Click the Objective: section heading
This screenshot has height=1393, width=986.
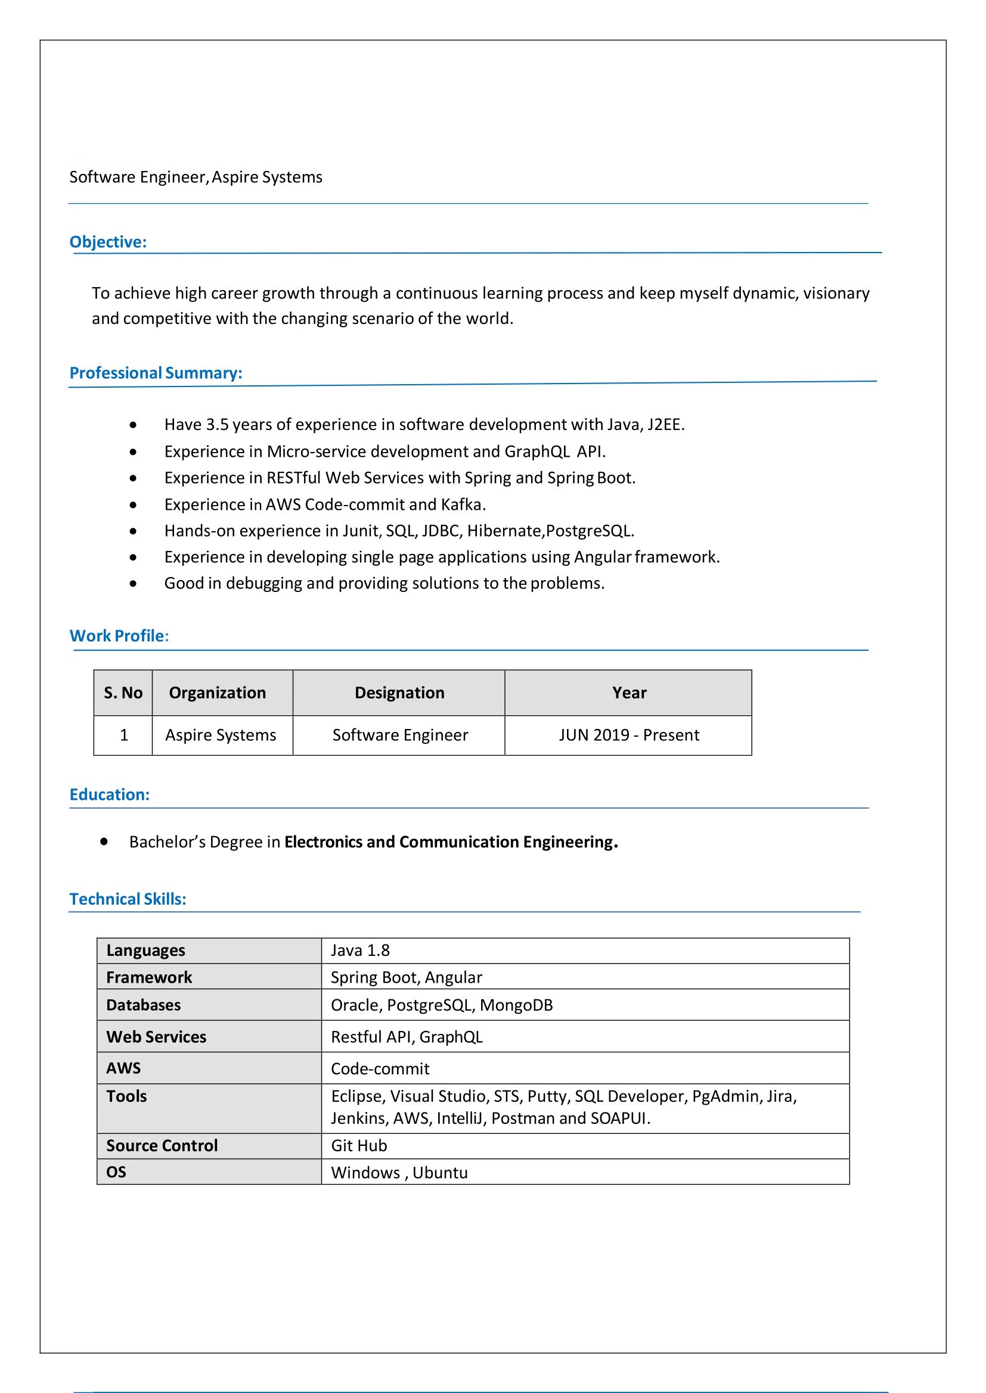tap(108, 242)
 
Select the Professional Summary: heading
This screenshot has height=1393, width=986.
tap(156, 373)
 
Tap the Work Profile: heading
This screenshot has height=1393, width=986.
tap(119, 636)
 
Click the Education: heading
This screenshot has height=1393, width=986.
tap(109, 795)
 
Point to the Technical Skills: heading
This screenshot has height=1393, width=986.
tap(128, 899)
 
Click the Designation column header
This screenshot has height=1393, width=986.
tap(399, 693)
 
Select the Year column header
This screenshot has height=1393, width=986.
tap(628, 693)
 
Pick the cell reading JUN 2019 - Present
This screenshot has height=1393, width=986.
tap(628, 736)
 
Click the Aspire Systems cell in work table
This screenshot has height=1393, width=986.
tap(221, 736)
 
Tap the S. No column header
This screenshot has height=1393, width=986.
tap(123, 693)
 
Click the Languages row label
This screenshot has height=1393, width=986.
tap(145, 951)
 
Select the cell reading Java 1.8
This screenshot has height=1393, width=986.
tap(360, 951)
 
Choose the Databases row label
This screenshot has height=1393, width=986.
tap(143, 1005)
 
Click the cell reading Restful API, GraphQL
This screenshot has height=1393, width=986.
tap(406, 1037)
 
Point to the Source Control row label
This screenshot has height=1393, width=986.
tap(162, 1146)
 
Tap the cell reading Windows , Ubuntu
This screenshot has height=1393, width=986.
tap(399, 1173)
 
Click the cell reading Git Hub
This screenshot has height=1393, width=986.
tap(359, 1146)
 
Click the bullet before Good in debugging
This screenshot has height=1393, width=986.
tap(133, 584)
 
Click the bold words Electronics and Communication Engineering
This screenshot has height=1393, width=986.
tap(451, 842)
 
